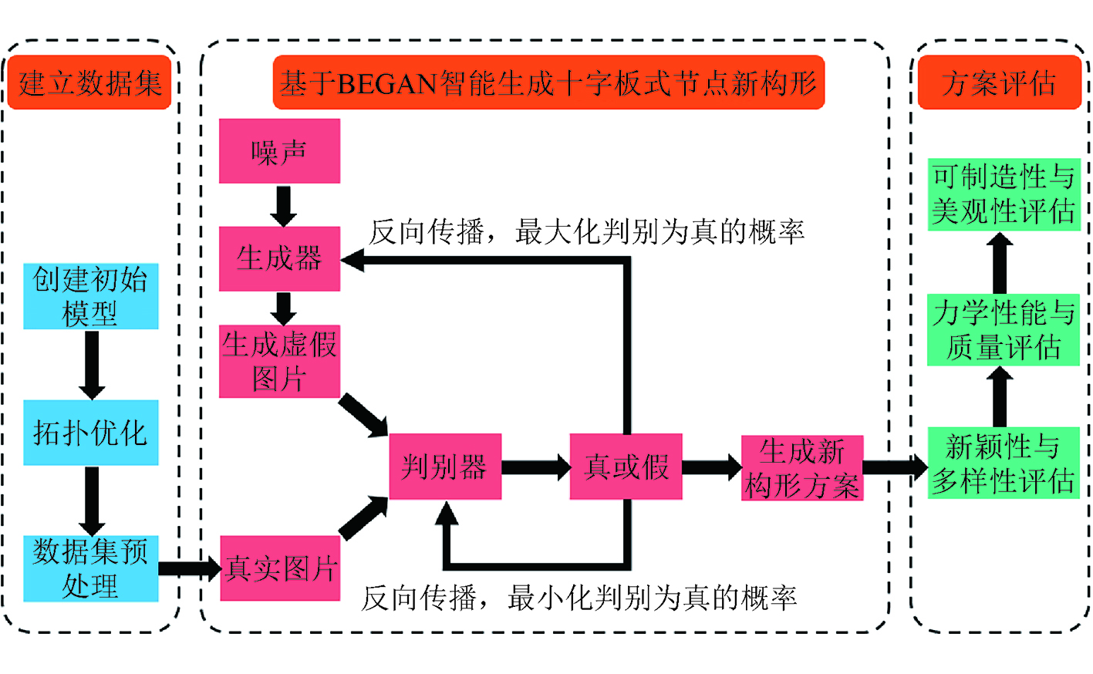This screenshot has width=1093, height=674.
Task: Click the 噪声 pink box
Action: point(279,151)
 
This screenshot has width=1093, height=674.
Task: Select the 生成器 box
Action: point(279,258)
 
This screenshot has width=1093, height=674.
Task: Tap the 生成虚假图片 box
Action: point(279,361)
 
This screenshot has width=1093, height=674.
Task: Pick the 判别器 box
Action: point(445,467)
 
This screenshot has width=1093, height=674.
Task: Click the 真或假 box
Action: point(626,467)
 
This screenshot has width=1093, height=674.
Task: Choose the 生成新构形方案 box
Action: point(802,468)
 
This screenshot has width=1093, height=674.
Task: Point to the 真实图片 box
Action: point(280,568)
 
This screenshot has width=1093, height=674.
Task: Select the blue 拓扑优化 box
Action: point(91,433)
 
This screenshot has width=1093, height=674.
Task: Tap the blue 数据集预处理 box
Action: point(91,569)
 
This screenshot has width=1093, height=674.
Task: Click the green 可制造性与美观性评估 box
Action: point(1003,194)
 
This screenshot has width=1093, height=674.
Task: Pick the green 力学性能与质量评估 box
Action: point(1003,330)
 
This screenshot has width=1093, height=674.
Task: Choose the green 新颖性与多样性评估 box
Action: point(1003,463)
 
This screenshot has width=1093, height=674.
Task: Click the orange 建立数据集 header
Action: point(89,83)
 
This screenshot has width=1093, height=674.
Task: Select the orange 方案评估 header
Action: point(999,83)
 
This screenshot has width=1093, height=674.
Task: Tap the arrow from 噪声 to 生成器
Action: point(284,205)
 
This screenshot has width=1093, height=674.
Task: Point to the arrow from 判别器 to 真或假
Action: point(535,467)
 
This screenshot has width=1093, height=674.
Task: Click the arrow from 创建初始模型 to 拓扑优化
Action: point(91,365)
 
